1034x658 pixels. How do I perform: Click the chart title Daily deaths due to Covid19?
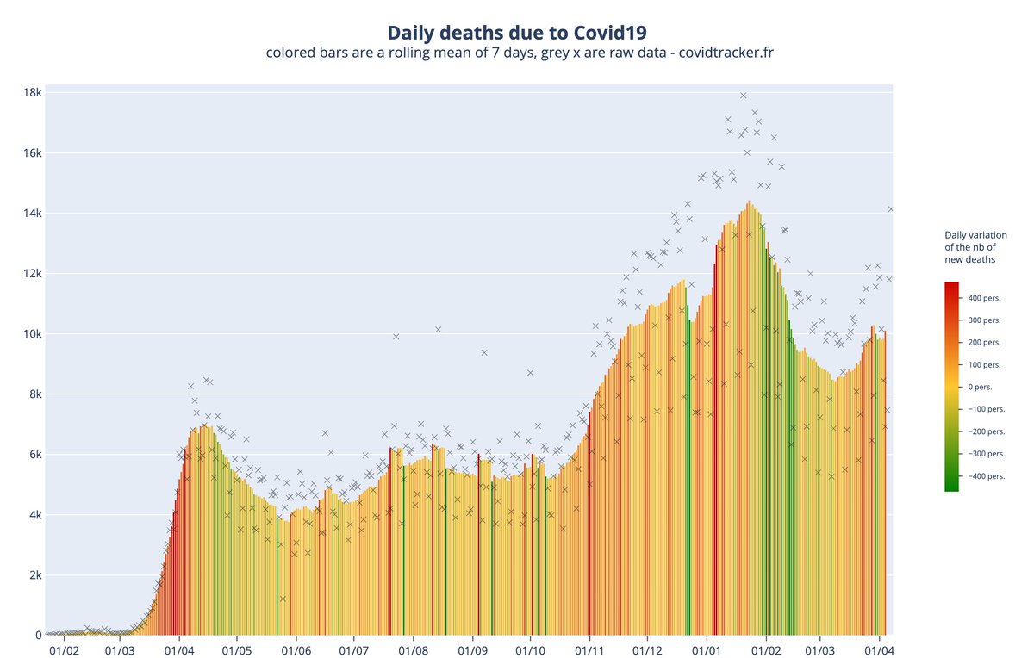pyautogui.click(x=516, y=33)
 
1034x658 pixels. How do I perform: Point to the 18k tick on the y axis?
pyautogui.click(x=32, y=92)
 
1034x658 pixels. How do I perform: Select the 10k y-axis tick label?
pyautogui.click(x=32, y=334)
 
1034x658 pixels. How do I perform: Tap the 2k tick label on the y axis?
pyautogui.click(x=34, y=575)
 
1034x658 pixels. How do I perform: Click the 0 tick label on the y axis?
pyautogui.click(x=38, y=636)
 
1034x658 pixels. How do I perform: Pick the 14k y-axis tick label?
pyautogui.click(x=32, y=214)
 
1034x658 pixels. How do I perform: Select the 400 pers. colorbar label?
pyautogui.click(x=985, y=298)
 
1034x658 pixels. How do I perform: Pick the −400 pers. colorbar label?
pyautogui.click(x=985, y=475)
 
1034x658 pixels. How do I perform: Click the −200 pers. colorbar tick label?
pyautogui.click(x=985, y=431)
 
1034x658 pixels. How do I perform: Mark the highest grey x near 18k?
pyautogui.click(x=743, y=96)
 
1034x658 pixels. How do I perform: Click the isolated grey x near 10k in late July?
pyautogui.click(x=396, y=337)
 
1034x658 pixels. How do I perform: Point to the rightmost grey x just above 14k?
pyautogui.click(x=891, y=208)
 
